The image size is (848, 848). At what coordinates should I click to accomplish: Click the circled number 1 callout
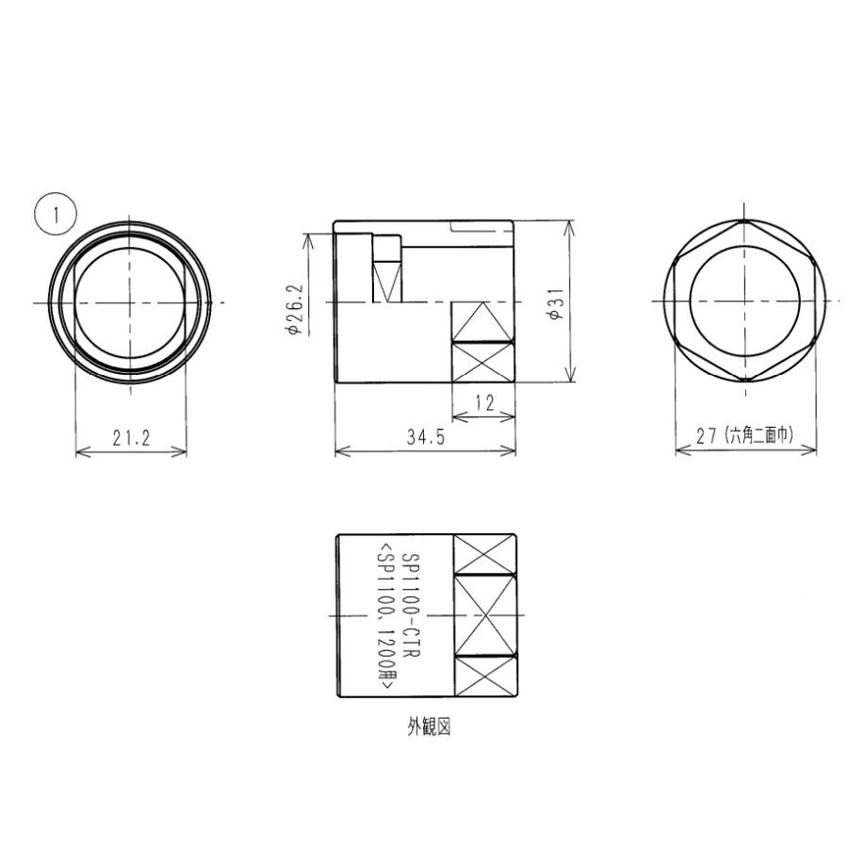click(x=55, y=214)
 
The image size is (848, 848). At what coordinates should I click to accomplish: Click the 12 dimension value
click(x=484, y=403)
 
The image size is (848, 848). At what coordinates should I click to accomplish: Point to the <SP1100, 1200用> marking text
click(x=385, y=617)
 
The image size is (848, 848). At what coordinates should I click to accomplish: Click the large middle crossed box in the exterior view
click(x=484, y=614)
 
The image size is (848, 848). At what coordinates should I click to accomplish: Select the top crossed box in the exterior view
click(x=484, y=554)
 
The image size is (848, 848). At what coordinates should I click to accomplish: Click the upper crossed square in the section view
click(x=483, y=321)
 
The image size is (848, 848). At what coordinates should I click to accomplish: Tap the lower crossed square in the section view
click(x=483, y=362)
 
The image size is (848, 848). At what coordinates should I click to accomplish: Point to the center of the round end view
click(x=130, y=302)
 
